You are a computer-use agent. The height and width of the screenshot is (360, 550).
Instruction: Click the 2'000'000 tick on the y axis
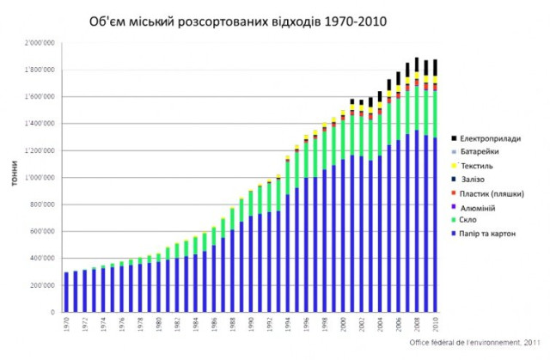pos(40,42)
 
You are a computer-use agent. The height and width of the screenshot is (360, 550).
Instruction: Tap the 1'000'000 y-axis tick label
pos(40,178)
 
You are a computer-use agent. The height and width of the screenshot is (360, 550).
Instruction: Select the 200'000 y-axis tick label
pos(41,285)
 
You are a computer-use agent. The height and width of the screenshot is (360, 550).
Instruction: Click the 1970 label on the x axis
pos(66,324)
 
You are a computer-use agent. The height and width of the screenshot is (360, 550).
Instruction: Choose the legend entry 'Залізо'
pos(476,179)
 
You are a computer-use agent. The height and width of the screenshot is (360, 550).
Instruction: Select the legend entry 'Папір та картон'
pos(488,235)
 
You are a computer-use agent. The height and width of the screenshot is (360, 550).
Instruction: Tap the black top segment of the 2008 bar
pos(418,64)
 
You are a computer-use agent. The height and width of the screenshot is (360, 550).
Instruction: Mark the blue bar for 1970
pos(66,292)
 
